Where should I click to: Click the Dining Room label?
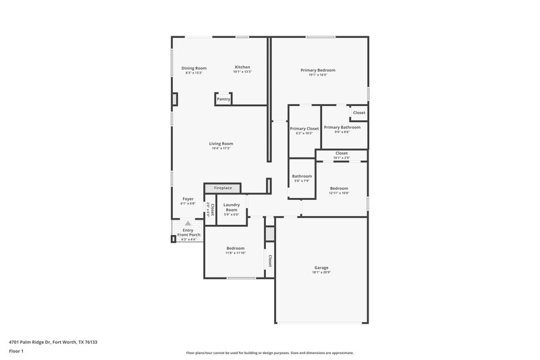tap(194, 68)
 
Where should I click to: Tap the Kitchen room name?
tap(242, 67)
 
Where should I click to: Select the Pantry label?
tap(223, 99)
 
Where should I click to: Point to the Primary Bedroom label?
tap(318, 70)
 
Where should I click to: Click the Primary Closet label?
tap(304, 128)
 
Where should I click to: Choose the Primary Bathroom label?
tap(342, 127)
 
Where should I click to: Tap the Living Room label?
tap(221, 143)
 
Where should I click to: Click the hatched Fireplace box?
tap(223, 188)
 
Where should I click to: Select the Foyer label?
tap(188, 199)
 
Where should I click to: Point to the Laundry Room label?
tap(232, 206)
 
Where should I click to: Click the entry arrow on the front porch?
tap(187, 224)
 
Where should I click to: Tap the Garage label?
tap(321, 267)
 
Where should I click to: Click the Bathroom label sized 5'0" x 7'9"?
tap(302, 176)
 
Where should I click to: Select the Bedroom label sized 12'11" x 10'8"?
tap(339, 188)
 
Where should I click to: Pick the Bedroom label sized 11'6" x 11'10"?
tap(236, 249)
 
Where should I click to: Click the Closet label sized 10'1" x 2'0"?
tap(342, 153)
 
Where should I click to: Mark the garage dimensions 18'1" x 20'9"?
tap(321, 274)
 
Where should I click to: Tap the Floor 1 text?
tap(16, 351)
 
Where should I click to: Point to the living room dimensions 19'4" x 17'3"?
tap(221, 149)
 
